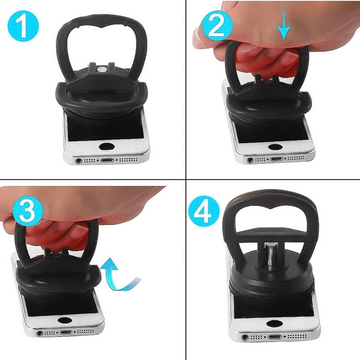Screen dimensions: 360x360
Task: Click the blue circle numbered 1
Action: (23, 27)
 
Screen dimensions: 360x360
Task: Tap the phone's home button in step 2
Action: (275, 146)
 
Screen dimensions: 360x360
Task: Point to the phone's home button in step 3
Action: (65, 320)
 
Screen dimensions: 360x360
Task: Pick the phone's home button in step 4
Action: (274, 323)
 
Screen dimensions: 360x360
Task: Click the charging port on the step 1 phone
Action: (108, 160)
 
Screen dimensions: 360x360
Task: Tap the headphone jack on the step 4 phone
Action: (245, 337)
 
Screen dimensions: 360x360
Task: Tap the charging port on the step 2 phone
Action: (275, 159)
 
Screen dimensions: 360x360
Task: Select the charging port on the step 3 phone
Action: (66, 333)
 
